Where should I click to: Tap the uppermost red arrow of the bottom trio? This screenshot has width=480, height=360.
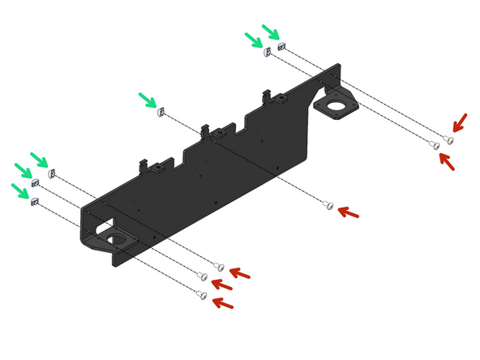pos(240,271)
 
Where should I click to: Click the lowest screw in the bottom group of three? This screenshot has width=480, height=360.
pos(200,296)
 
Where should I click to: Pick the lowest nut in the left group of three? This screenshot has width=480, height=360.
pos(32,202)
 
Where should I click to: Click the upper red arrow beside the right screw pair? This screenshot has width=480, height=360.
pos(458,122)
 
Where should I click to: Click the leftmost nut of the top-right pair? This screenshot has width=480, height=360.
pos(267,53)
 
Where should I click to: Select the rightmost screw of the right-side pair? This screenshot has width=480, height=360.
pos(449,139)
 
